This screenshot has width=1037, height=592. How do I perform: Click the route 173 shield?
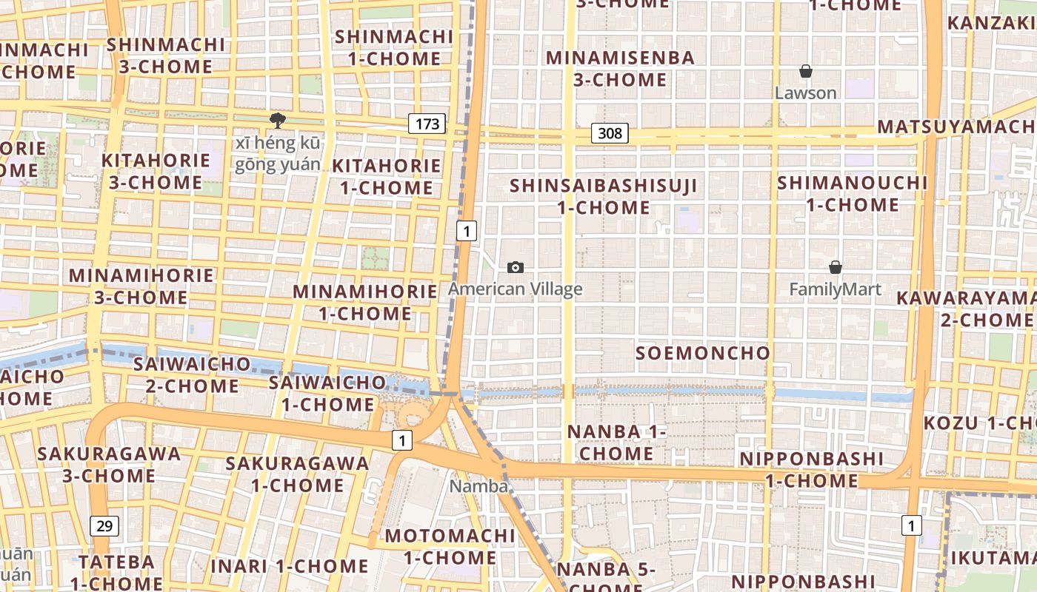[x=427, y=124]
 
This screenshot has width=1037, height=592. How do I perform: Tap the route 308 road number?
[x=610, y=133]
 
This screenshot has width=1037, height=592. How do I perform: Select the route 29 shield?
[x=104, y=526]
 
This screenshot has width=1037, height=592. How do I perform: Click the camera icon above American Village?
[x=516, y=267]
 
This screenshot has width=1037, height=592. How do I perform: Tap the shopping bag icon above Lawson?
[x=806, y=71]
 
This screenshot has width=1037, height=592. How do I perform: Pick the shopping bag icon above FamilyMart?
[x=836, y=267]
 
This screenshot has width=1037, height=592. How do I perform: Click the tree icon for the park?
[x=278, y=120]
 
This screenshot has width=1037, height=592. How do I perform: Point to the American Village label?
[x=516, y=289]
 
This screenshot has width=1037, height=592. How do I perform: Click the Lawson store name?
[x=806, y=93]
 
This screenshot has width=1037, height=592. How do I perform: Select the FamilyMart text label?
[x=836, y=289]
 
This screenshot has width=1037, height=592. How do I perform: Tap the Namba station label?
[x=479, y=486]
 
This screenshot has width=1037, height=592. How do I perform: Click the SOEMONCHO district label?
[x=703, y=353]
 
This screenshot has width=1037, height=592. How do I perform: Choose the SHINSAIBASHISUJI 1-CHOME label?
[x=604, y=196]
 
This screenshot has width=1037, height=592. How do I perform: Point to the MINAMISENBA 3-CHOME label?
[x=621, y=68]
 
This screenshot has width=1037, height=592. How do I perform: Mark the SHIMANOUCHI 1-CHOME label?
[x=852, y=193]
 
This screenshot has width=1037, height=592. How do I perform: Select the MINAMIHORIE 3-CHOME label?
[x=141, y=286]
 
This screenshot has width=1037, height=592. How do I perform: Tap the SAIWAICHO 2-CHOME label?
[x=192, y=374]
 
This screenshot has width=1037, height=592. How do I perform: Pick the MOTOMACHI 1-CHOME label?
[x=450, y=546]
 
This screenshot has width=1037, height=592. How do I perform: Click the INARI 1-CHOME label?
[x=289, y=566]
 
